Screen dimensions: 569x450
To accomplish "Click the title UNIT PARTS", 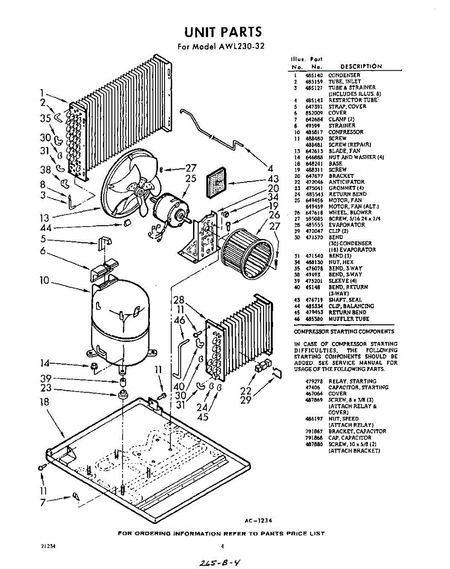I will click(x=223, y=32).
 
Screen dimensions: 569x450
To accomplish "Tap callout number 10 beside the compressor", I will click(x=44, y=281).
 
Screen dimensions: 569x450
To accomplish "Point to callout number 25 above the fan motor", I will click(x=191, y=179).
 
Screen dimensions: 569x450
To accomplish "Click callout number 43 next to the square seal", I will click(x=273, y=179).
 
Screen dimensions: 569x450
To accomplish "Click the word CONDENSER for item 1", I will click(x=344, y=75).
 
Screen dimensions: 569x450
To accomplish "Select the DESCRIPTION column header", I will click(x=361, y=66).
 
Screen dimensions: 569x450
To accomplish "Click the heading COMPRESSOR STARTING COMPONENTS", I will click(x=344, y=331).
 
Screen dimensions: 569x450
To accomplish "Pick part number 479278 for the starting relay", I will click(x=314, y=381).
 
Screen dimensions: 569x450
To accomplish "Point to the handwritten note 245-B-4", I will click(x=220, y=561).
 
